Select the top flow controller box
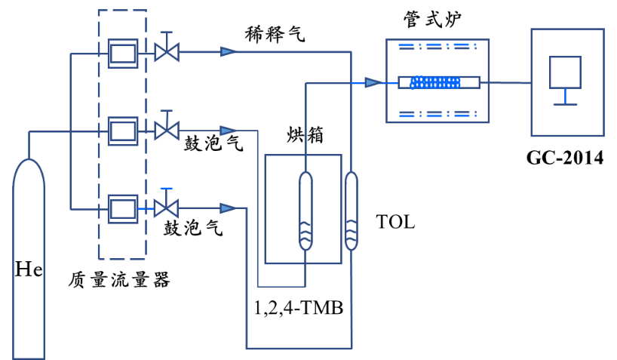pos(123,54)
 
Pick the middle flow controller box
pos(123,131)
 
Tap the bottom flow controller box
pos(123,209)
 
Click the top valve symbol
pos(167,52)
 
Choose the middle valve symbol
pos(167,131)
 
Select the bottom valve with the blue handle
pos(166,208)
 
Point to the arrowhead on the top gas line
pos(228,51)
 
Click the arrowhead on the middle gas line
pos(228,131)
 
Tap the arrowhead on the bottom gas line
pos(228,208)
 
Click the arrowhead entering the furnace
pos(373,82)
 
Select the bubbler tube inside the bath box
pos(305,211)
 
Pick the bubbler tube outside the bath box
pos(351,211)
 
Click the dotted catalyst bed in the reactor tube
pos(435,82)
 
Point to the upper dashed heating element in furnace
pos(437,46)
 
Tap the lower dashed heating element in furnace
pos(437,115)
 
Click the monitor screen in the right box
pos(565,72)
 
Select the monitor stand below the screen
pos(565,98)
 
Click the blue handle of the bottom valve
pos(166,189)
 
